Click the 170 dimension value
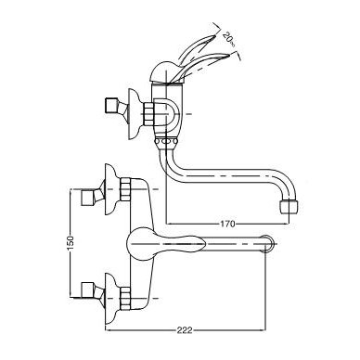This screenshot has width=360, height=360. pyautogui.click(x=227, y=224)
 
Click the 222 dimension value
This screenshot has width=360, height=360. pyautogui.click(x=185, y=330)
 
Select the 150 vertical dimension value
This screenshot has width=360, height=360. pyautogui.click(x=71, y=243)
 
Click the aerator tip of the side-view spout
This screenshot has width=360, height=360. pyautogui.click(x=289, y=207)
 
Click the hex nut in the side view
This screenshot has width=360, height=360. pyautogui.click(x=148, y=113)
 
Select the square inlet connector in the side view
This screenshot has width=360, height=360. pyautogui.click(x=111, y=106)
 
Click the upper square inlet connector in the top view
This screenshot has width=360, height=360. pyautogui.click(x=87, y=198)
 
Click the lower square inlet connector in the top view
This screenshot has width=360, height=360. pyautogui.click(x=87, y=289)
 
